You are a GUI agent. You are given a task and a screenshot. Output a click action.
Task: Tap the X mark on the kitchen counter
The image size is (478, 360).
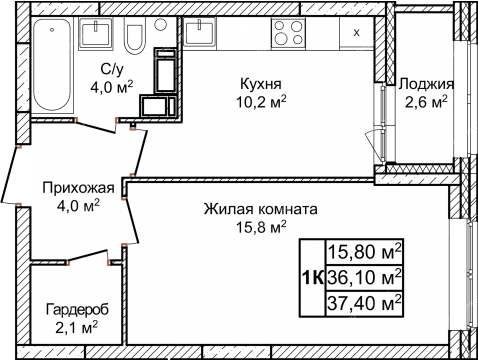(x=356, y=32)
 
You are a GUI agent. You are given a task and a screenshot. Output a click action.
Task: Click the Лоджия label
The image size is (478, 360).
(x=426, y=84)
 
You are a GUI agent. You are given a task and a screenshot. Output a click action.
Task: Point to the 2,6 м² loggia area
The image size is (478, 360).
(x=426, y=102)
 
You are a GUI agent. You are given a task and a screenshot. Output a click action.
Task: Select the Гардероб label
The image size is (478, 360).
(x=75, y=310)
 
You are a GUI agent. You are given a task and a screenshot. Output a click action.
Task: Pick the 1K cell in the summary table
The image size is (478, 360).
(x=313, y=273)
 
